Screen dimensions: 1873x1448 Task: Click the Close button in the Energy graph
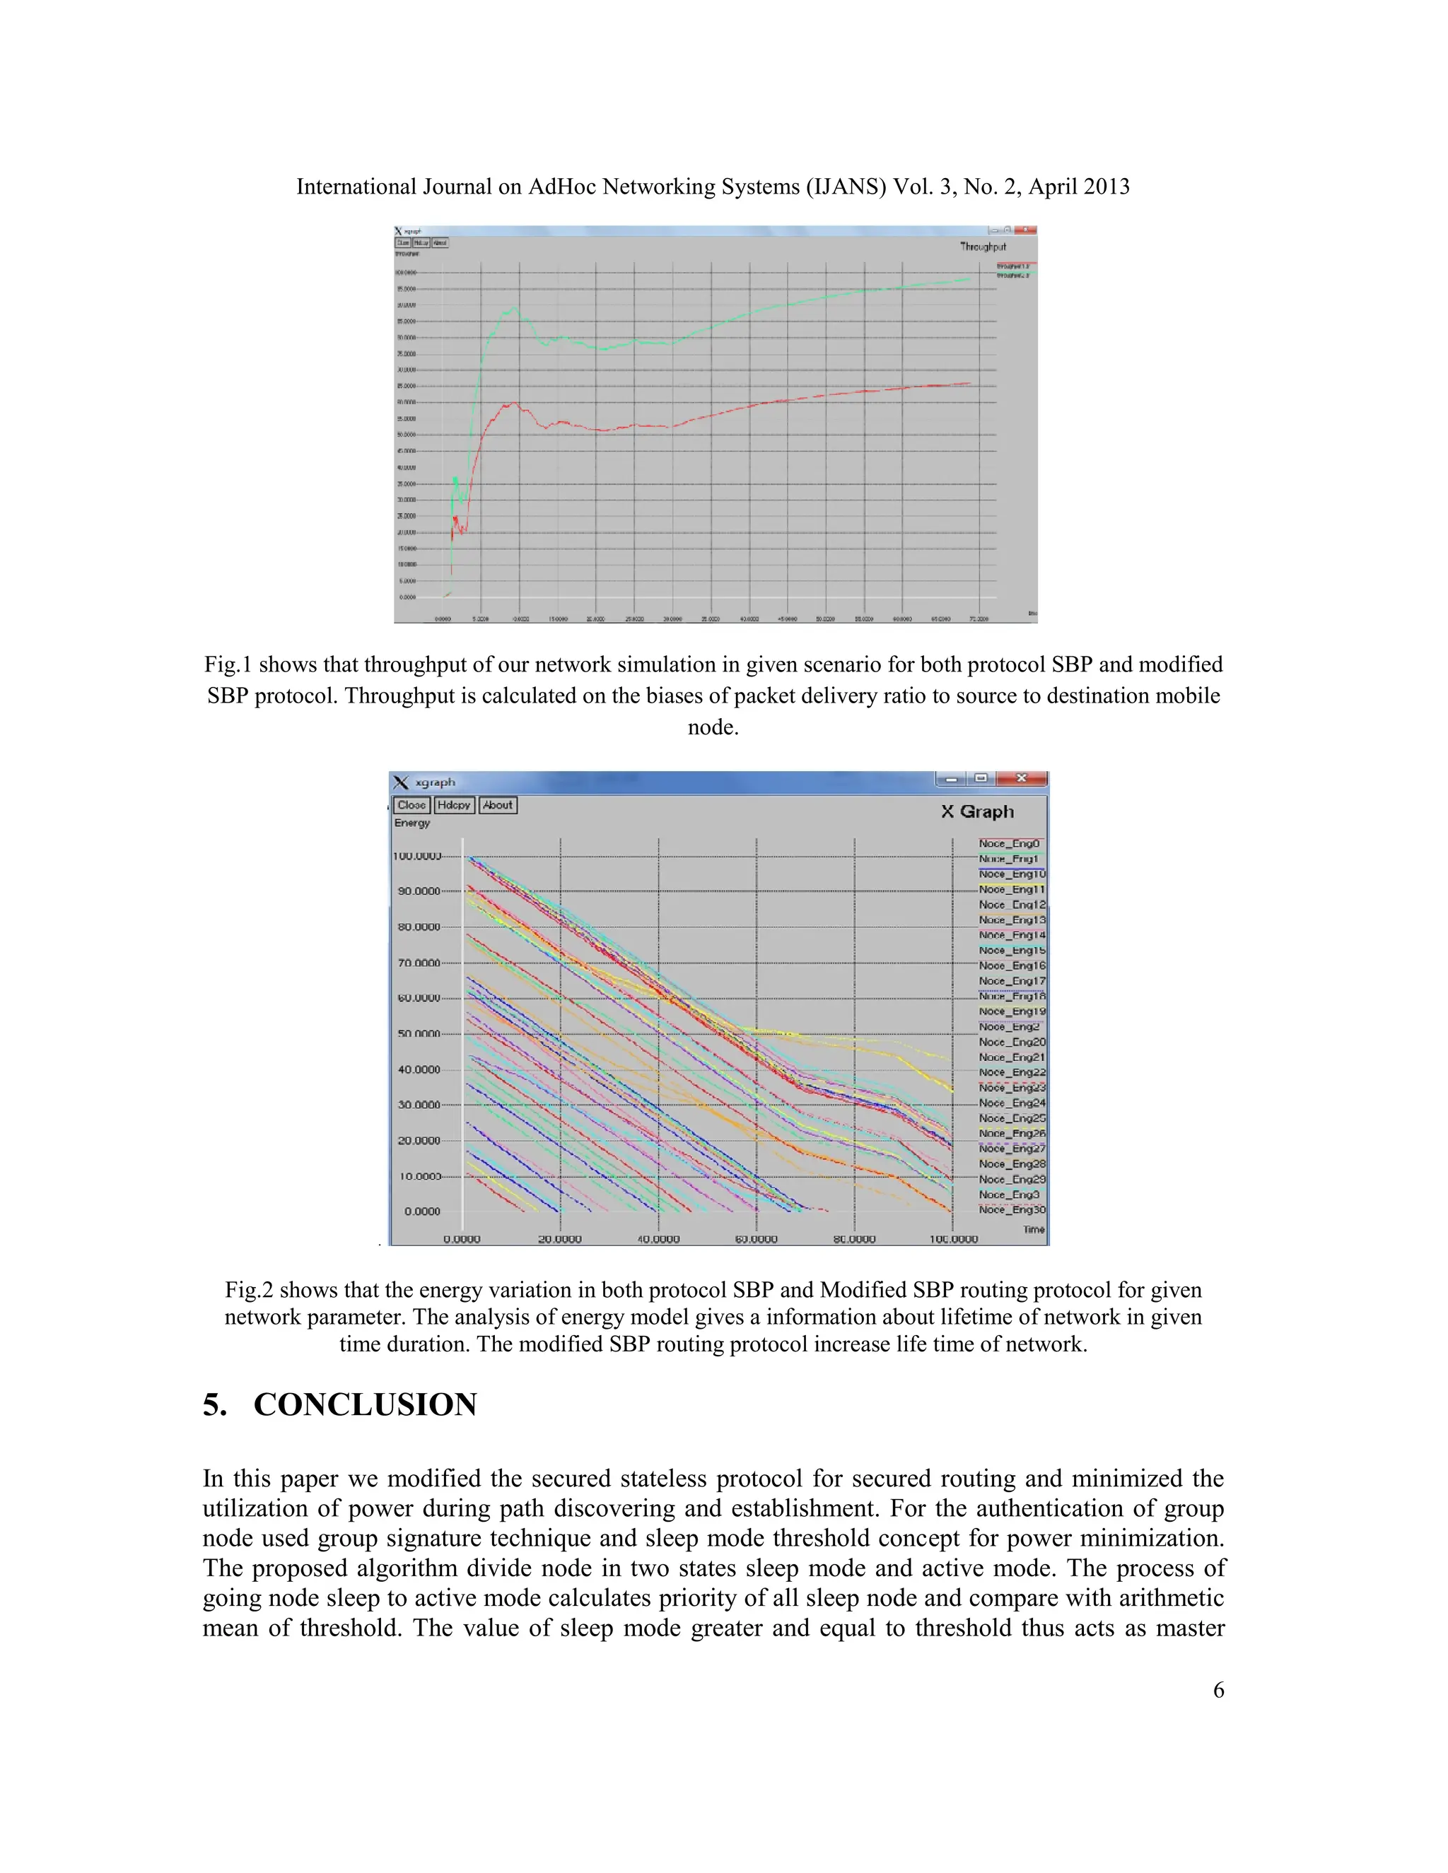click(x=411, y=805)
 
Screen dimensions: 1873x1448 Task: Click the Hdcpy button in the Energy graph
click(x=454, y=805)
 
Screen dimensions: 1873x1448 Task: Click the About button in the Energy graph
click(x=498, y=805)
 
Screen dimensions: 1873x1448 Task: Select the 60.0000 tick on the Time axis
click(x=757, y=1239)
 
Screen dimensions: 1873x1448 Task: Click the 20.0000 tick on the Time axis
click(x=559, y=1239)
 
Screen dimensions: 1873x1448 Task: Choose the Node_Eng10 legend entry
click(x=1012, y=874)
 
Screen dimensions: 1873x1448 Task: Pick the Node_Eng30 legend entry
click(x=1012, y=1210)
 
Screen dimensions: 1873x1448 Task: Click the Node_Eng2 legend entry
click(x=1009, y=1026)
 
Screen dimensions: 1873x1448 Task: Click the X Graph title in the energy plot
click(x=977, y=811)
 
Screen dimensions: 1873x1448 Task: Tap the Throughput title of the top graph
click(x=983, y=247)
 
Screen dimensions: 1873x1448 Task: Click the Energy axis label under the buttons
click(x=411, y=823)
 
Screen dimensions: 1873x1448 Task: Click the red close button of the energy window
click(x=1021, y=779)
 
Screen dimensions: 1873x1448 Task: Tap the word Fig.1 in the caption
click(x=228, y=664)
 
